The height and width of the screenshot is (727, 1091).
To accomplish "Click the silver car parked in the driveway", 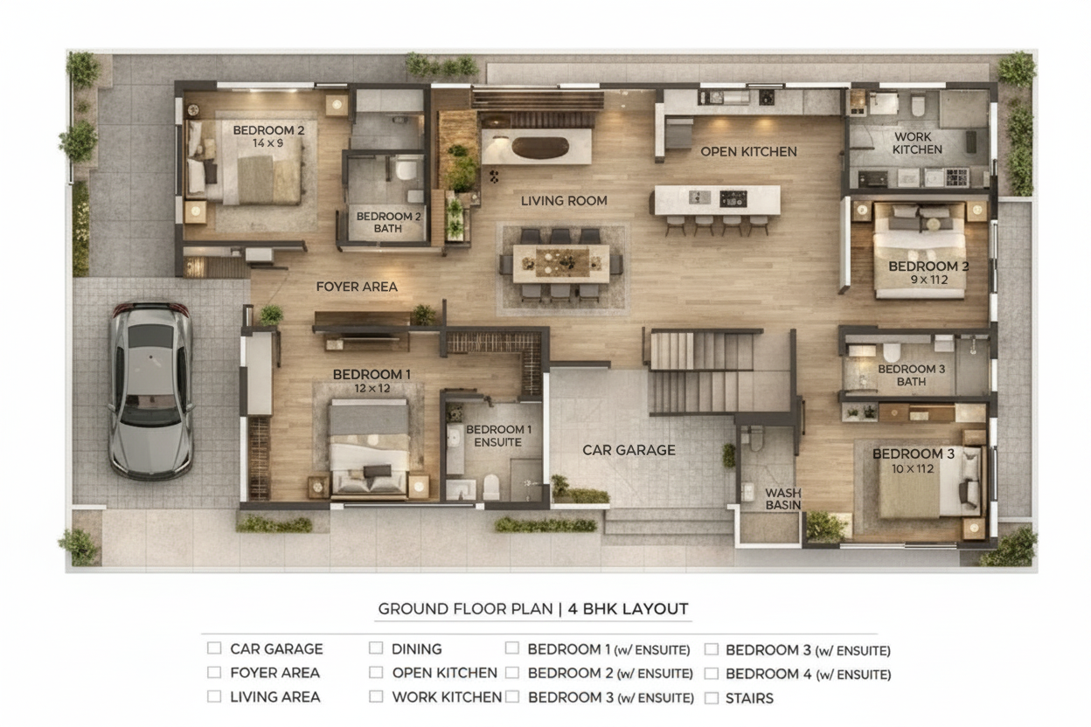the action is pos(150,391).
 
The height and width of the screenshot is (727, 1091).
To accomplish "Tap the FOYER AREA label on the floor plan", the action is pos(357,287).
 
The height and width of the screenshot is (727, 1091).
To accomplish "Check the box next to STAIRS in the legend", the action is pos(711,698).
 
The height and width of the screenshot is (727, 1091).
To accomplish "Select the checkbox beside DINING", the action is pos(376,648).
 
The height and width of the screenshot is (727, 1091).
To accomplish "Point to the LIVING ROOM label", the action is pos(564,201).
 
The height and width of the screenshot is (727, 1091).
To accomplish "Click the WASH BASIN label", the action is pos(782,499).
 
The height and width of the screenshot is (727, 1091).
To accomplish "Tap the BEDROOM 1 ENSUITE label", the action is pos(498,436).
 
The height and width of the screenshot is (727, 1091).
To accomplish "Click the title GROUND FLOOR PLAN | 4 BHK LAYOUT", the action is pos(533,609).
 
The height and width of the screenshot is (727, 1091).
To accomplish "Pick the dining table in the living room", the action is pos(561,263).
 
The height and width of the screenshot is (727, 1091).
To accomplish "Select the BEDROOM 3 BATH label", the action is pos(911,376).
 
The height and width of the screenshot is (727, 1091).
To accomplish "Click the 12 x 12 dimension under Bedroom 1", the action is pos(372,389).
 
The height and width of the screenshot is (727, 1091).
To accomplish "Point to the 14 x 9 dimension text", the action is pos(268,143).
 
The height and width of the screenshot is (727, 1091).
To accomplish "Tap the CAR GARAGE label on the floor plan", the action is pos(629,450).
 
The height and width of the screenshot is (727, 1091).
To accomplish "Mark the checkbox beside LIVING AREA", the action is pos(214,696).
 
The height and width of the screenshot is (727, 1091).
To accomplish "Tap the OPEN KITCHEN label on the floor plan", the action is pos(748,152).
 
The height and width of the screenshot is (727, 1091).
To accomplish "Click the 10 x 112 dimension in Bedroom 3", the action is pos(913,469).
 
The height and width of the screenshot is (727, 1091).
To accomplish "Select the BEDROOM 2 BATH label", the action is pos(388,222).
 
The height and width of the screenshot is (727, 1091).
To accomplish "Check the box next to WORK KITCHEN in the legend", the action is pos(376,696).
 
